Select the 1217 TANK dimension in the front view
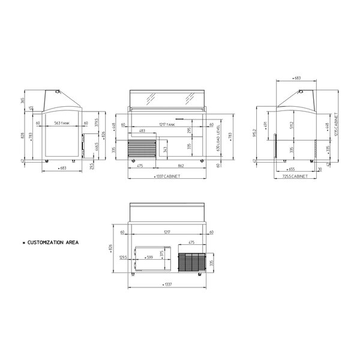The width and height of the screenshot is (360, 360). click(167, 124)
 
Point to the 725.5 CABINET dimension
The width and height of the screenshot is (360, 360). click(296, 178)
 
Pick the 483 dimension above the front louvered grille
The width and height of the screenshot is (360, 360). click(142, 131)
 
